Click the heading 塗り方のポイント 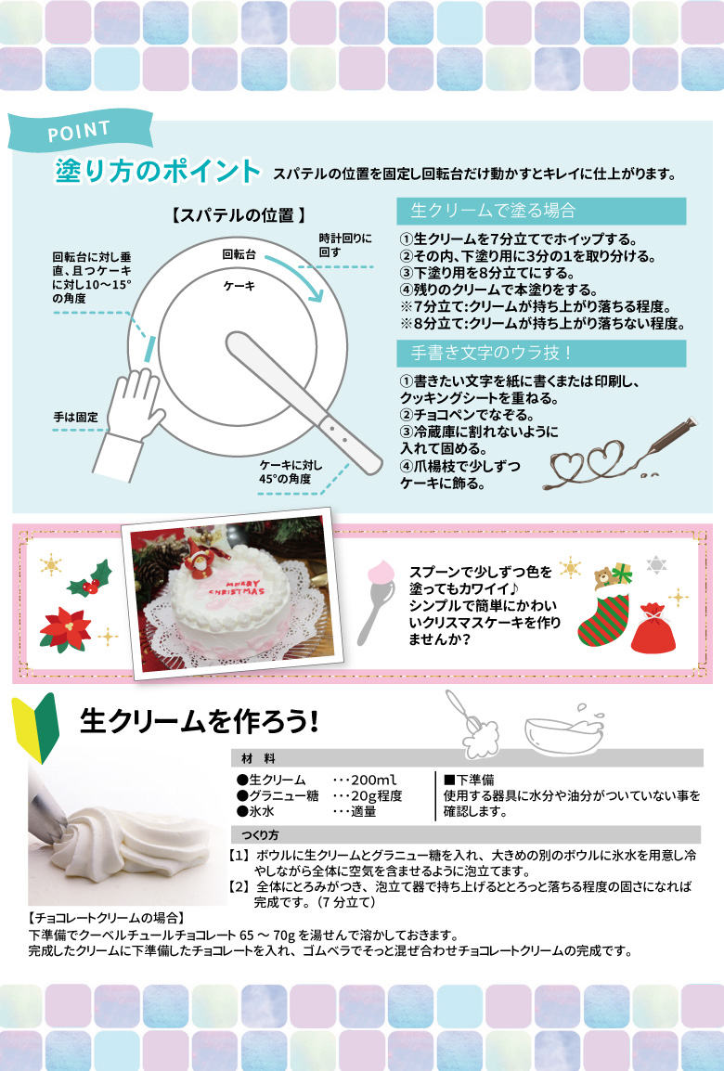coord(158,171)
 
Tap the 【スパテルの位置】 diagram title coord(239,216)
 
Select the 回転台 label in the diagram coord(239,255)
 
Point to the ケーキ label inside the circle coord(239,286)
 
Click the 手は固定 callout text coord(76,417)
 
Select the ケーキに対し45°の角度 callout coord(291,472)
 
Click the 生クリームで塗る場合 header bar coord(542,211)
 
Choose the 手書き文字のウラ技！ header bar coord(542,353)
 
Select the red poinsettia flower coord(65,629)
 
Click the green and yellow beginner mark coord(36,728)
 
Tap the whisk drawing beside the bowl coord(472,724)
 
